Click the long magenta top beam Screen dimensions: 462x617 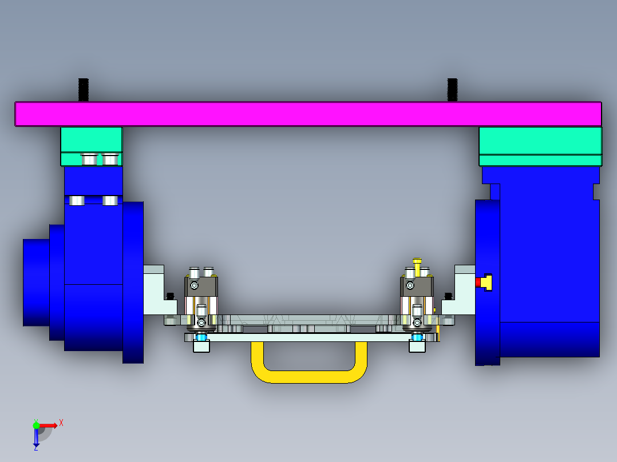pyautogui.click(x=308, y=114)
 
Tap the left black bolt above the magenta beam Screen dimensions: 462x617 pyautogui.click(x=84, y=90)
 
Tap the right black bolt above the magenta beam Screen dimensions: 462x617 pyautogui.click(x=452, y=90)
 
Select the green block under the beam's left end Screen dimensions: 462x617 pyautogui.click(x=92, y=140)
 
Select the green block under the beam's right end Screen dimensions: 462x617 pyautogui.click(x=540, y=140)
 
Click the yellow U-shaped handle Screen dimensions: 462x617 pyautogui.click(x=309, y=375)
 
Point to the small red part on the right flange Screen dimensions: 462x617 pyautogui.click(x=478, y=282)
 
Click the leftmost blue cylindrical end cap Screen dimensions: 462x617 pyautogui.click(x=35, y=282)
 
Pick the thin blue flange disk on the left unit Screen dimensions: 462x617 pyautogui.click(x=133, y=282)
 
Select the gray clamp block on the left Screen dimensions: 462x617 pyautogui.click(x=201, y=286)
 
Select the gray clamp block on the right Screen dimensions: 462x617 pyautogui.click(x=417, y=286)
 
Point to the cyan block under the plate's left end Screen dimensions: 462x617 pyautogui.click(x=201, y=346)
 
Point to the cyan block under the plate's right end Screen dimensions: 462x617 pyautogui.click(x=417, y=346)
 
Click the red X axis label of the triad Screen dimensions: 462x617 pyautogui.click(x=61, y=423)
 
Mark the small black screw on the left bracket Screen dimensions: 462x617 pyautogui.click(x=170, y=296)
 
